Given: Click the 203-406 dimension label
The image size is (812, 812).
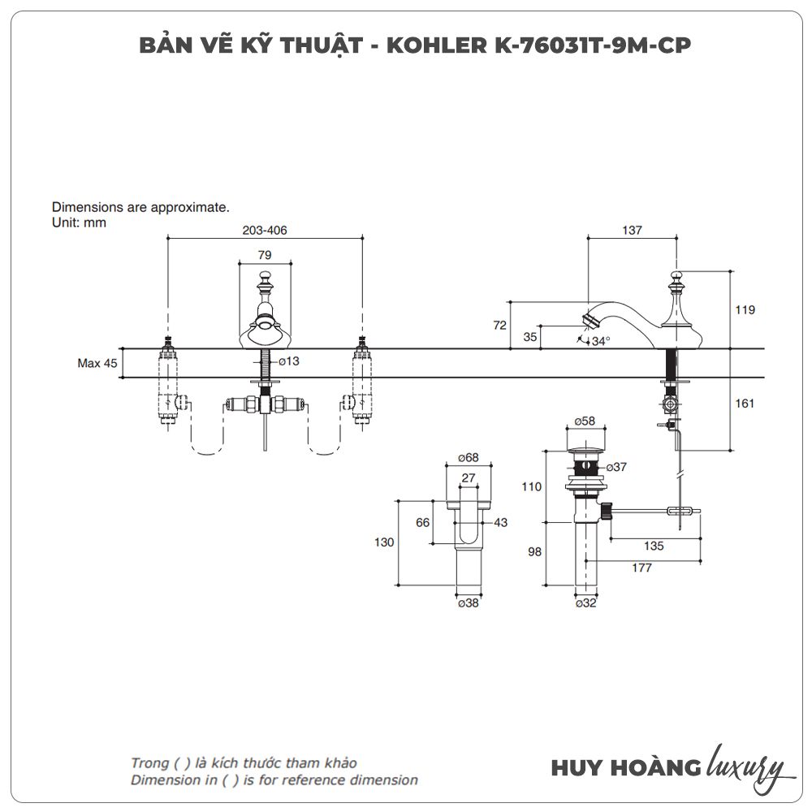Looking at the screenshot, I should point(265,231).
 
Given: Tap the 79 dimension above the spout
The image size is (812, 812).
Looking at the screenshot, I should point(265,255).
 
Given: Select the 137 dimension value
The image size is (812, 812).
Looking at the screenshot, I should point(632,231).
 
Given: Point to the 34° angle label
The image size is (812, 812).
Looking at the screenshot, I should point(600,341).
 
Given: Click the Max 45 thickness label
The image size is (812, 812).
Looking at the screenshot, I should point(97,363).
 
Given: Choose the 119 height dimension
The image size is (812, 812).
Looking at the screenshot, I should point(745,309).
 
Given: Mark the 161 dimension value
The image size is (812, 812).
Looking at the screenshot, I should point(745,403).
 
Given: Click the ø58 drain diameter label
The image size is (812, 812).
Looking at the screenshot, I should point(585,421).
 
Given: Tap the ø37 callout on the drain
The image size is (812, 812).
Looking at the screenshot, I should point(617,467).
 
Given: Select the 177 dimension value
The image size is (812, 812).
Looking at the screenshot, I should point(641,568).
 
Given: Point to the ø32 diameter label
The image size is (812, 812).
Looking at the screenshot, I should point(585,603).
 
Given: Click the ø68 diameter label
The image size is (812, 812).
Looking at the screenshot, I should point(468,457).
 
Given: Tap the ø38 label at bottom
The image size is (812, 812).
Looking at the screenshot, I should point(468,603).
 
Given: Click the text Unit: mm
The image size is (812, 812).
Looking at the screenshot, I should point(79,222).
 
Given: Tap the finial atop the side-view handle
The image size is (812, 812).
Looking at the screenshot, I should point(676,280).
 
